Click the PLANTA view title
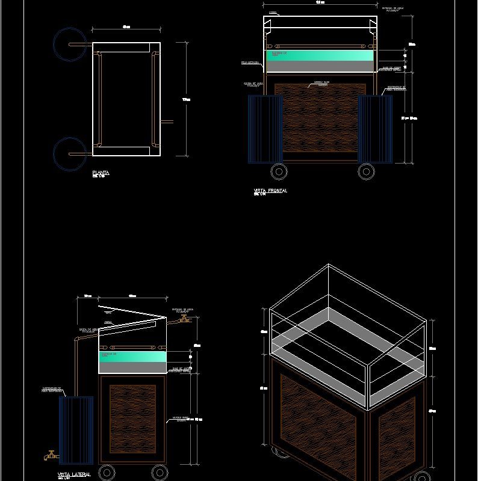[101, 173]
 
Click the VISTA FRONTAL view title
[270, 191]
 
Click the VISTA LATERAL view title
[74, 474]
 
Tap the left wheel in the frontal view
[279, 171]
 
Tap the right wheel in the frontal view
[366, 171]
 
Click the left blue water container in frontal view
[265, 129]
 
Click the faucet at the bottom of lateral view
[51, 455]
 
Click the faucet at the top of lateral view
[184, 319]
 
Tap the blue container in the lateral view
[76, 429]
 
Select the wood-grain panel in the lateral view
[132, 418]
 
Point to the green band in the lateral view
[132, 357]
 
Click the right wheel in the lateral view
[159, 472]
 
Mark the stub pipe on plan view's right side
[167, 122]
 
